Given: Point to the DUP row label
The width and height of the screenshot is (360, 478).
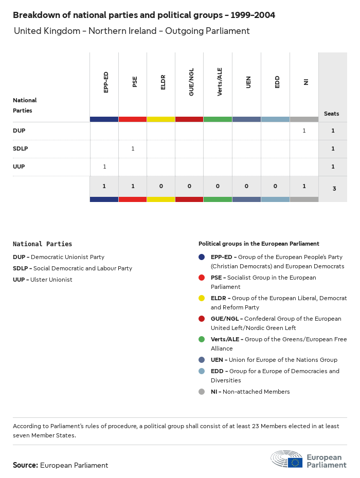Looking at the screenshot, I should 19,131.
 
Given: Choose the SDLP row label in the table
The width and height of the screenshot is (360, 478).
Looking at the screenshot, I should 21,149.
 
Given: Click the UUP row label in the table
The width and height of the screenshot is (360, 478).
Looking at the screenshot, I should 19,167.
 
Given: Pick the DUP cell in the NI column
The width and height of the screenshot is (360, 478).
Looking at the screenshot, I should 304,131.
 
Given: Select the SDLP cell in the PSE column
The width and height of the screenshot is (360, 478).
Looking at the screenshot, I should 133,149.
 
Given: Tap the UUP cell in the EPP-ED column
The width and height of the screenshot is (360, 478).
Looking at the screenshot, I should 104,167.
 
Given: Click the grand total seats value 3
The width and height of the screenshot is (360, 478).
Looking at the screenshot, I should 334,189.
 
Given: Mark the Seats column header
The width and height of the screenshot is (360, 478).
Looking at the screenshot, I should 331,114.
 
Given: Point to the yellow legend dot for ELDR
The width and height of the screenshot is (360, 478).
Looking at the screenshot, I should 202,298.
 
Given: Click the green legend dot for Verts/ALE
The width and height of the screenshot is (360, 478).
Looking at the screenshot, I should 202,339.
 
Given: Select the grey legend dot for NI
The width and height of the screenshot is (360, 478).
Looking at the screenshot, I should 202,392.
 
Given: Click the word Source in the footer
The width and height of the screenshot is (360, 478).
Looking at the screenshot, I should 25,465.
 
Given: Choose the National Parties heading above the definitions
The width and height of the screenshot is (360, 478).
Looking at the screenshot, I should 42,244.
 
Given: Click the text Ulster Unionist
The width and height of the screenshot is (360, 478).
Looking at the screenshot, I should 51,280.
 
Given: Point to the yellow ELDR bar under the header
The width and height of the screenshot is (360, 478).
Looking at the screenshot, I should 161,119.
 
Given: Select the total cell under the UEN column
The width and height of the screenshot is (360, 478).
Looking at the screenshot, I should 246,186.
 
